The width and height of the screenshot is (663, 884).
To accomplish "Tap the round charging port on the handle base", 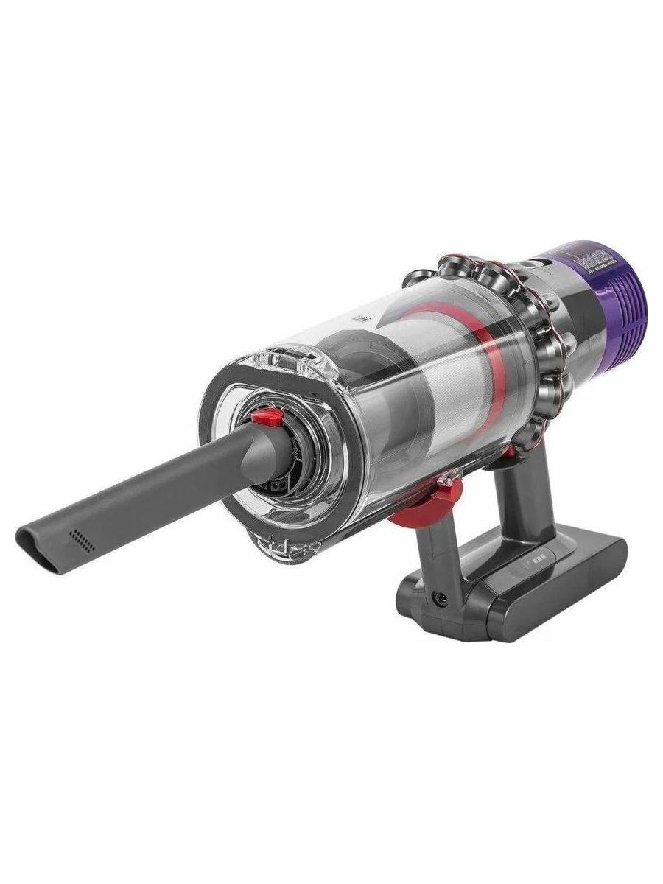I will (x=441, y=599).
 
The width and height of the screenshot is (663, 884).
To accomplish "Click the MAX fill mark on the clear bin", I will (x=362, y=320).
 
